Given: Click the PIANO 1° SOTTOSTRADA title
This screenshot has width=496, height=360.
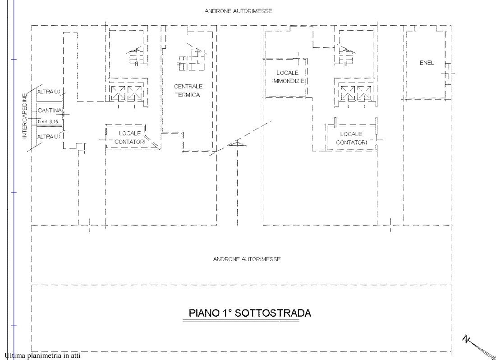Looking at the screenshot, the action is (250, 313).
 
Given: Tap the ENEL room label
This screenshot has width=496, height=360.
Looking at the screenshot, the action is (427, 63).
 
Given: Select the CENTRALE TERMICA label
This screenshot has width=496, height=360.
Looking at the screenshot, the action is (188, 91).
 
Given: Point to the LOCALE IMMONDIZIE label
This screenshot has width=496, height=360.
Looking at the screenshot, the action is (288, 77).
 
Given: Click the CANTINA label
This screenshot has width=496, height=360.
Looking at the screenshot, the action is (50, 111).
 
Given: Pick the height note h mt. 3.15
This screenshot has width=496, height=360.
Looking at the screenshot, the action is (48, 121).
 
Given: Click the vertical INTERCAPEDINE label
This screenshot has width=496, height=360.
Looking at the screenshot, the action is (25, 116).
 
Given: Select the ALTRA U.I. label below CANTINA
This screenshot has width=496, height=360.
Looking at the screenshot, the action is (49, 137).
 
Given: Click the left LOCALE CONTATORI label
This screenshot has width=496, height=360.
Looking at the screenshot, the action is (130, 138).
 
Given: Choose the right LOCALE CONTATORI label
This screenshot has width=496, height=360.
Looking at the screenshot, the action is (351, 138).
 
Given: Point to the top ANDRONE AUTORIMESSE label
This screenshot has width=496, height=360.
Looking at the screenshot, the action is (238, 11).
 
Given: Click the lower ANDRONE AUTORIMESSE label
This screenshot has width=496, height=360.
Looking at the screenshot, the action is (247, 259).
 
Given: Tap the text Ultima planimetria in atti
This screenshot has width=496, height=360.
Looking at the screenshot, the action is (43, 355).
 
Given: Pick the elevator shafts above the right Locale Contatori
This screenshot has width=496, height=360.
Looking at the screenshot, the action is (356, 92).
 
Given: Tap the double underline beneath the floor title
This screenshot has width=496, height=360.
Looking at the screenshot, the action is (241, 321).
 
